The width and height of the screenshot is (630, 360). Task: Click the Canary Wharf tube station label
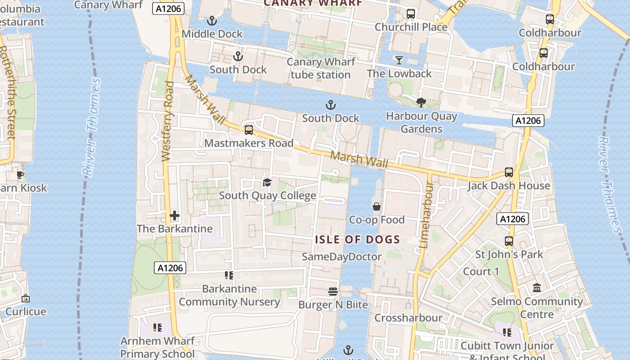tap(320, 68)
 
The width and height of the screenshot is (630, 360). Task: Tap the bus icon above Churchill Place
tap(411, 14)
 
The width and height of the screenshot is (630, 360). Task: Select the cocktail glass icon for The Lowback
tap(399, 60)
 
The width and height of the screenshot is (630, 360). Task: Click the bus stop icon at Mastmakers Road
tap(248, 130)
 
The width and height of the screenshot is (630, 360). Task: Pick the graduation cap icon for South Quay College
tap(267, 183)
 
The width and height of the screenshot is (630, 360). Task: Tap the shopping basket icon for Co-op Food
tap(377, 207)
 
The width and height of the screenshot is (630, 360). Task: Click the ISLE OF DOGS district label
tap(357, 239)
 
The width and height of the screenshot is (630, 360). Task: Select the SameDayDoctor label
tap(342, 256)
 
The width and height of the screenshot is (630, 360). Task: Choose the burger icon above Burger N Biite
tap(333, 292)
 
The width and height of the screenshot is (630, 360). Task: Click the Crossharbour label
tap(408, 318)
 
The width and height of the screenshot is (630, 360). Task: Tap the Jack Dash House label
tap(508, 185)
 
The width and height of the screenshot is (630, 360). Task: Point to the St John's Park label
tap(509, 254)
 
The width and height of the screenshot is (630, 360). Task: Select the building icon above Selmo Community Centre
tap(537, 288)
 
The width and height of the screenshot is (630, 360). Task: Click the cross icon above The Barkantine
tap(175, 216)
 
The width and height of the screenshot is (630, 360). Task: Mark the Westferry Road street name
tap(167, 121)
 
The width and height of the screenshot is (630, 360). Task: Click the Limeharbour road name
tap(426, 216)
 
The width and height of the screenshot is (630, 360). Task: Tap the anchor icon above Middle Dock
tap(211, 21)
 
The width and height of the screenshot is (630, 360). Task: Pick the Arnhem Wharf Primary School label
tap(157, 347)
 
